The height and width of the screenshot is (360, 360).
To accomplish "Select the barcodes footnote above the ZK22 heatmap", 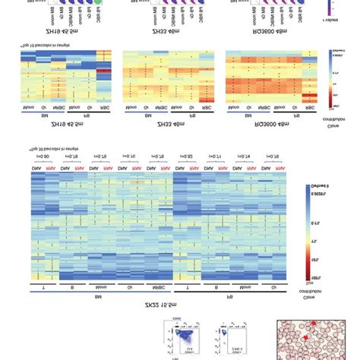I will click(57, 148).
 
